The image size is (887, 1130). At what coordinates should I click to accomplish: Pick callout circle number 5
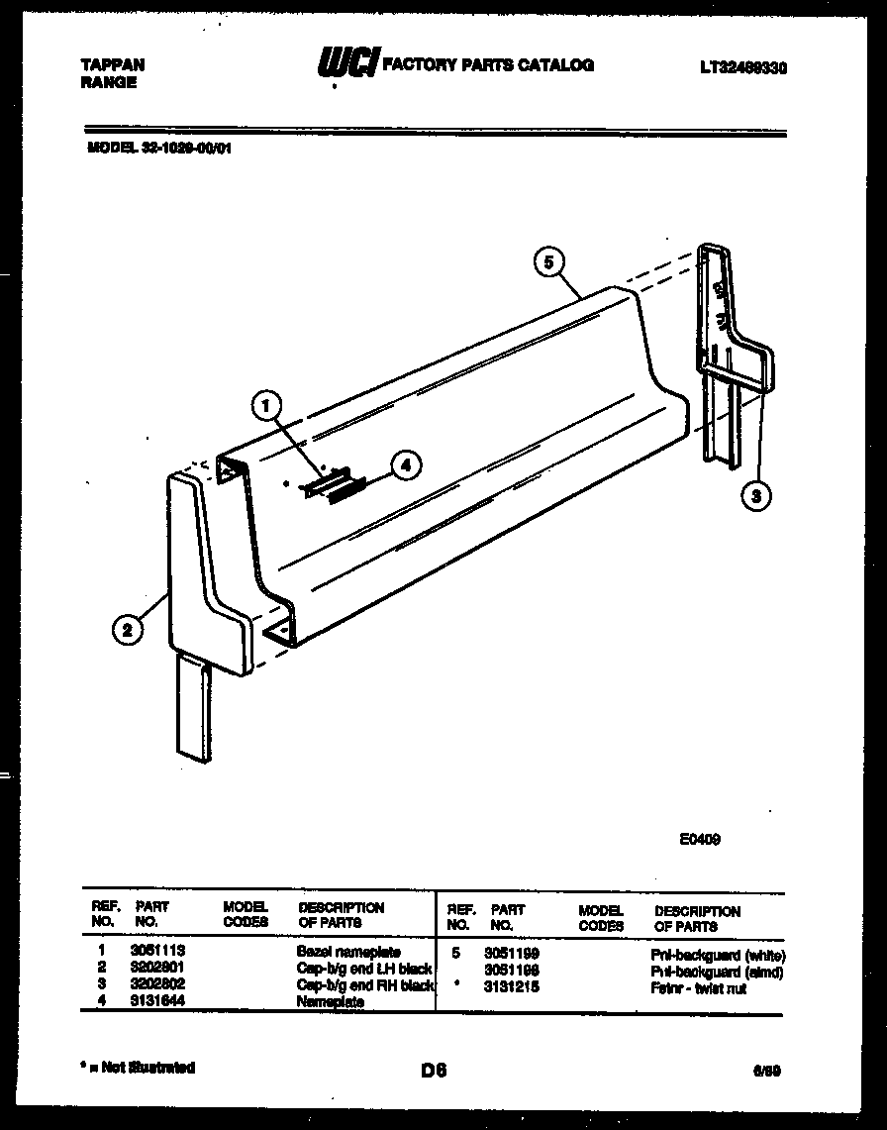click(x=547, y=261)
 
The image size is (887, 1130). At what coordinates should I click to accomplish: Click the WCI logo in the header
click(x=345, y=65)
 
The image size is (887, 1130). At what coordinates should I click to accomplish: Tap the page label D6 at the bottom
click(x=434, y=1070)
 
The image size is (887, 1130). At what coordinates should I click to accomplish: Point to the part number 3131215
click(x=512, y=987)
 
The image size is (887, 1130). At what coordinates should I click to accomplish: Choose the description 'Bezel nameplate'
click(x=348, y=952)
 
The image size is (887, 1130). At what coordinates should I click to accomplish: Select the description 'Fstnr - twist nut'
click(x=698, y=988)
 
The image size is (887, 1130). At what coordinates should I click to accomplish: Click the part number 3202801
click(x=157, y=967)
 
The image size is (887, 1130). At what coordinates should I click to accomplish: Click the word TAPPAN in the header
click(x=112, y=64)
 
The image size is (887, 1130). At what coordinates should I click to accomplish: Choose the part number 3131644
click(x=157, y=1001)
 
